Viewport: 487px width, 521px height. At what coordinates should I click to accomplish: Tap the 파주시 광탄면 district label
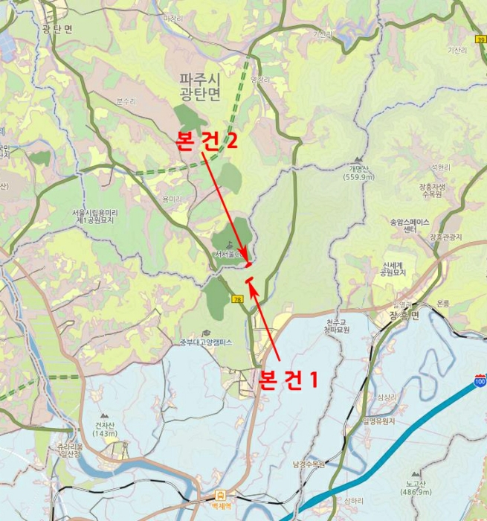click(200, 86)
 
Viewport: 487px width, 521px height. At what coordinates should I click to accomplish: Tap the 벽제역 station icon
click(220, 494)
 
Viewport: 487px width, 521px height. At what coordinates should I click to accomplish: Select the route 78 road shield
click(237, 299)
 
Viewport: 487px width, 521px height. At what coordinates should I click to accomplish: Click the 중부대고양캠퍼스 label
click(206, 343)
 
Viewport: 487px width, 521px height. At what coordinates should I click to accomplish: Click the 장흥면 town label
click(404, 316)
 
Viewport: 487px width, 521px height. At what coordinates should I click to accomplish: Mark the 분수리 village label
click(126, 100)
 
